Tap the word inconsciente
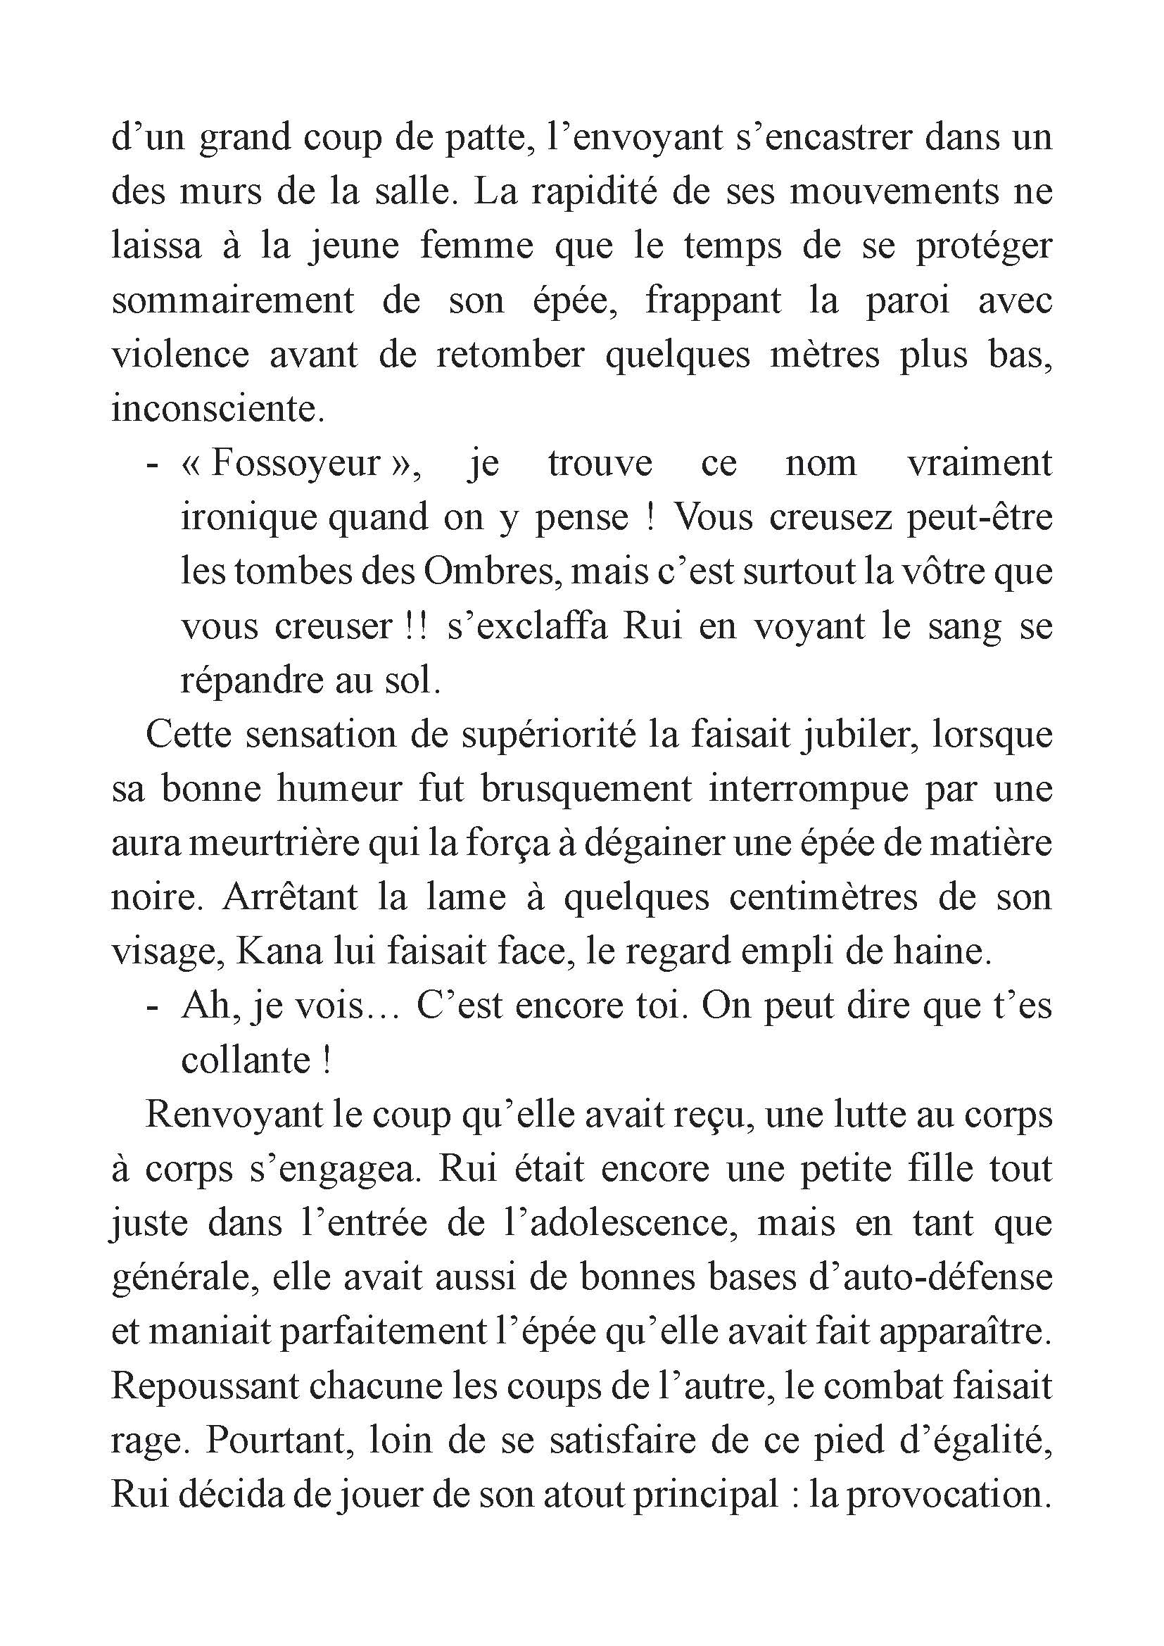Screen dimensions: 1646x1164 tap(217, 409)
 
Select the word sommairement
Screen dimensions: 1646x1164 tap(233, 301)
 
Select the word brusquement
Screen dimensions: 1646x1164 tap(586, 790)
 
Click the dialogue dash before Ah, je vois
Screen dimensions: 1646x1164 tap(151, 1006)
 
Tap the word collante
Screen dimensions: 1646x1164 tap(246, 1061)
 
